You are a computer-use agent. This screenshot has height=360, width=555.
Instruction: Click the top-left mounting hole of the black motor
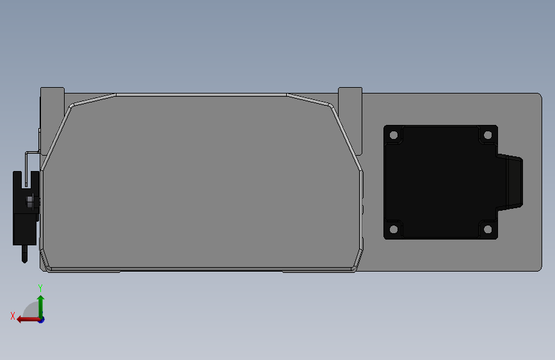coord(394,136)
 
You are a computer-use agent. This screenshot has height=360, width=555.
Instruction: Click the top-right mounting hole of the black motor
coord(487,135)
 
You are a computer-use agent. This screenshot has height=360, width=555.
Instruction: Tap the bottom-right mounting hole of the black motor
coord(487,229)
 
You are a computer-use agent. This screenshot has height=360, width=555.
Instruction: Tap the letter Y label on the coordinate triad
coord(40,288)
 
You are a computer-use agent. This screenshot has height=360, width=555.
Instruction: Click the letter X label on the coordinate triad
coord(13,315)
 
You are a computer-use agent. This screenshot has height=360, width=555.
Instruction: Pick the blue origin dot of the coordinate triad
coord(41,319)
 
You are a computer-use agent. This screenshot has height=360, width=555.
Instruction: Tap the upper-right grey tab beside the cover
coord(350,96)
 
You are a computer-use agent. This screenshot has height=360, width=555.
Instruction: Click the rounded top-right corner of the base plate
coord(538,97)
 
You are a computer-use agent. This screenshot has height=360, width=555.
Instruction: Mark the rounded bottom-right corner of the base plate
coord(538,268)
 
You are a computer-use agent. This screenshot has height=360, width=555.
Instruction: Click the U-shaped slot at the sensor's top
coord(26,180)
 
